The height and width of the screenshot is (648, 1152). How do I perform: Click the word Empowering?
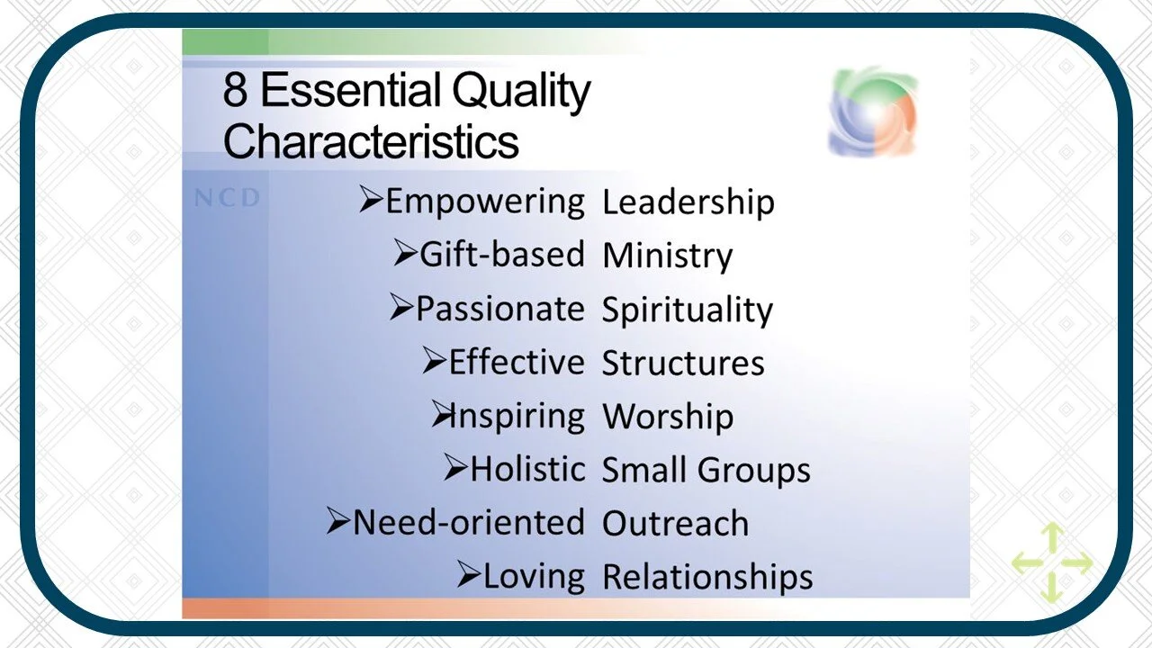485,202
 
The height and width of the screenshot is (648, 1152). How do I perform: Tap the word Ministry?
667,256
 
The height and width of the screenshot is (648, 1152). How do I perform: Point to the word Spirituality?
687,310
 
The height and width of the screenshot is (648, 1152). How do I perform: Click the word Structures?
683,363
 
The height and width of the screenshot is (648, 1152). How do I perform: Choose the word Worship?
667,417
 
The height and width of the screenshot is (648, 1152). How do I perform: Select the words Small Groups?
706,470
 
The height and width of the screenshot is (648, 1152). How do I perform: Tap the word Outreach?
675,524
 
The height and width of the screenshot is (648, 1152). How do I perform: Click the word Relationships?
707,577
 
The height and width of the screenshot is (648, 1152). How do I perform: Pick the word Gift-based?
502,255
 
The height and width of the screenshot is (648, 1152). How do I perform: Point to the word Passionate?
499,309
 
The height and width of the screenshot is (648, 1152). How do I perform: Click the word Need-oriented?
468,523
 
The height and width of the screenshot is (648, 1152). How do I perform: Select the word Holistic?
527,469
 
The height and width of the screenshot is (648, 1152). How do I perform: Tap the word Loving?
534,576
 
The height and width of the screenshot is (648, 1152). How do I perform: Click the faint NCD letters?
227,198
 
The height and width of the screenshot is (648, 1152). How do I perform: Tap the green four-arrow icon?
1051,564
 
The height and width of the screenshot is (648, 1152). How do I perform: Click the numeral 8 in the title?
236,91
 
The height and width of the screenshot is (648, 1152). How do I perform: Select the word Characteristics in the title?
371,141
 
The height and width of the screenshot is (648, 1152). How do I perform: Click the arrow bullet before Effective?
434,362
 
